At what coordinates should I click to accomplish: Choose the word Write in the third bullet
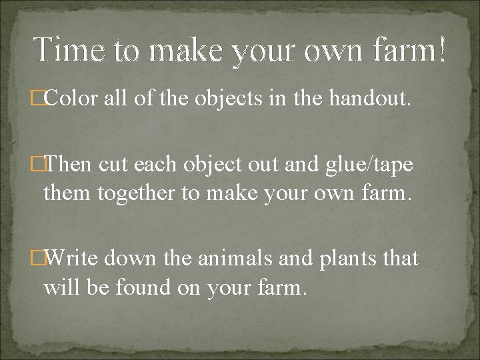pos(74,258)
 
